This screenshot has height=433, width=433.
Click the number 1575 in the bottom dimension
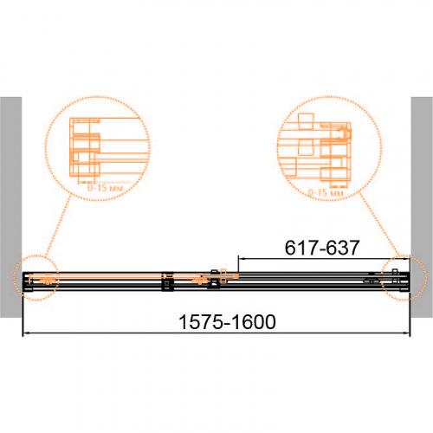click(202, 322)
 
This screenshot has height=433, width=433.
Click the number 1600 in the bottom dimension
click(254, 322)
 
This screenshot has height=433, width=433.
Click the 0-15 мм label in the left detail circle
click(106, 188)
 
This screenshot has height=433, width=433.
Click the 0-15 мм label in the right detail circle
click(326, 192)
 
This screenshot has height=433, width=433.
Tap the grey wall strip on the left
click(10, 207)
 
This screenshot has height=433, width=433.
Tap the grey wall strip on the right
click(422, 207)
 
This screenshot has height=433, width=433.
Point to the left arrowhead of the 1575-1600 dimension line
click(26, 333)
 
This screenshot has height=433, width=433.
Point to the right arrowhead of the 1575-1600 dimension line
click(406, 333)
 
